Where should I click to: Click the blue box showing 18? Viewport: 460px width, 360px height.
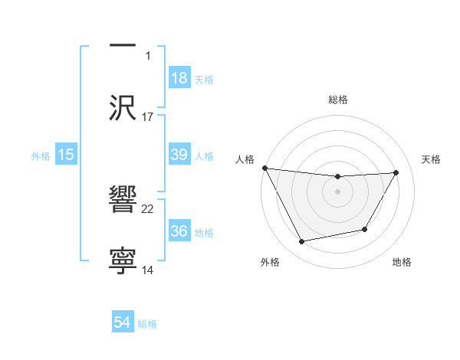pos(179,78)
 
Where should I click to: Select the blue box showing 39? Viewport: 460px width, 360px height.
pos(179,155)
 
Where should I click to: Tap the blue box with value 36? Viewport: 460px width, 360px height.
pos(179,231)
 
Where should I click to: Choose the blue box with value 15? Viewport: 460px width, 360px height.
pos(66,155)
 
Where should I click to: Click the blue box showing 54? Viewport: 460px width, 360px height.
pos(123,323)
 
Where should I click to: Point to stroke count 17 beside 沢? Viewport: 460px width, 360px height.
pos(148,116)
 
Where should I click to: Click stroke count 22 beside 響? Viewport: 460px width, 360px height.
pos(148,208)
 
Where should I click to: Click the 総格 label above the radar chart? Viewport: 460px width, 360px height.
pos(338,100)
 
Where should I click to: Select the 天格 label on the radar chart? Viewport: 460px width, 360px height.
pos(431,159)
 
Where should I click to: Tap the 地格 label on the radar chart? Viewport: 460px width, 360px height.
pos(402,262)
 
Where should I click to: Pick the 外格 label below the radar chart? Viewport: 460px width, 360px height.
pos(270,262)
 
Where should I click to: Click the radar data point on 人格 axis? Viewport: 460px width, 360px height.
pos(264,168)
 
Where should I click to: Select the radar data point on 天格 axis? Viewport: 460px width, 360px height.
pos(396,173)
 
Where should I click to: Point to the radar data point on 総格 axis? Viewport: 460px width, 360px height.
pos(338,177)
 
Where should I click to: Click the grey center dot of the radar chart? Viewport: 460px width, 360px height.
pos(338,191)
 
